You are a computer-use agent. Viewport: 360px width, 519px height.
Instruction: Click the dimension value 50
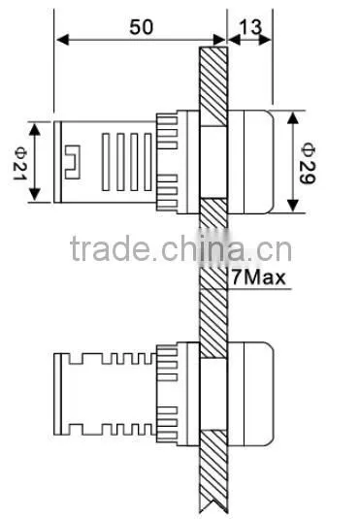click(142, 27)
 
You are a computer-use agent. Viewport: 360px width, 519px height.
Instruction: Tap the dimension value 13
click(250, 27)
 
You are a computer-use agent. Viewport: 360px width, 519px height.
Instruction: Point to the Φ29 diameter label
click(308, 163)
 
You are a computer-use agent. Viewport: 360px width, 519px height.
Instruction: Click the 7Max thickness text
click(258, 277)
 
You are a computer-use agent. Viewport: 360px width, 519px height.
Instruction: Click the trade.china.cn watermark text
click(180, 248)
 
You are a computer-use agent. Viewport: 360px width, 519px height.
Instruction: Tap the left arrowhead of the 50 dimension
click(63, 40)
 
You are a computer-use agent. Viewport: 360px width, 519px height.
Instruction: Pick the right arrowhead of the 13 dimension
click(266, 40)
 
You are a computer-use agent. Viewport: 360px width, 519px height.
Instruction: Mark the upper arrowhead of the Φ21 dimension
click(35, 129)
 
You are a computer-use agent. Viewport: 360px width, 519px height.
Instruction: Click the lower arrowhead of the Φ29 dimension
click(293, 206)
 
